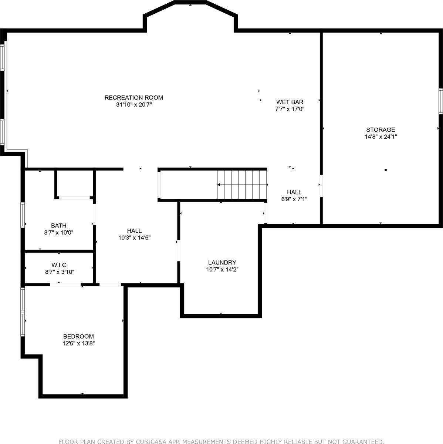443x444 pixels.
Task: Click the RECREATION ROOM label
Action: pos(133,98)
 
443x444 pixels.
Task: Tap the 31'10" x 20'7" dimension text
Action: pos(133,105)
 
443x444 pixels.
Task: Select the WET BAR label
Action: pos(290,102)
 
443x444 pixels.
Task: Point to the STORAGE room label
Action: pos(381,129)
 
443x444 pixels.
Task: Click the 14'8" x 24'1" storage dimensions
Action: pos(381,137)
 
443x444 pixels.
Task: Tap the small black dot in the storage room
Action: pos(385,170)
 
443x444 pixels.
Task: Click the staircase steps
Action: pos(242,184)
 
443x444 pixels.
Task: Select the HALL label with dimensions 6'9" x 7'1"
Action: pos(294,192)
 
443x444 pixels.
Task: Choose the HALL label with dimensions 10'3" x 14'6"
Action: pos(134,231)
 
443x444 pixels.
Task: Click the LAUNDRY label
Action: pos(222,262)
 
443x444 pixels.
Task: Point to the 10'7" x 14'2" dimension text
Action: pos(222,269)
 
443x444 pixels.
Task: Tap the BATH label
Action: pos(59,225)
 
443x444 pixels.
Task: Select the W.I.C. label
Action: pos(59,265)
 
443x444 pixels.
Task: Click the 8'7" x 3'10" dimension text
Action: pos(59,272)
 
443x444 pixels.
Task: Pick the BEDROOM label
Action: pos(78,336)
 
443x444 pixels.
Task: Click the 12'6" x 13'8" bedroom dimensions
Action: pos(78,343)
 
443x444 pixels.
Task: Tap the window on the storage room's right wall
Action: pos(440,101)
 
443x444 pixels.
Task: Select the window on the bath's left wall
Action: pos(23,215)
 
